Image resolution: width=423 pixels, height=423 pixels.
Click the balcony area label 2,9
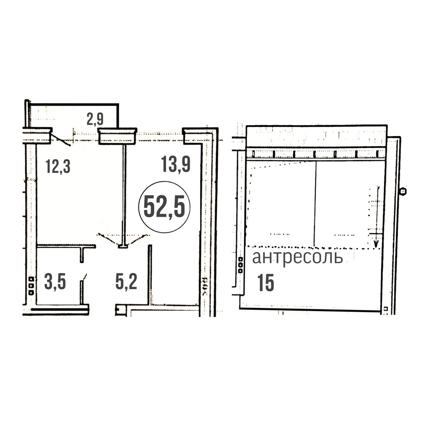95,119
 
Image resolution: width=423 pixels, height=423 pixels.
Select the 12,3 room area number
58,166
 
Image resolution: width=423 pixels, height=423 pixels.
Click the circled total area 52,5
164,207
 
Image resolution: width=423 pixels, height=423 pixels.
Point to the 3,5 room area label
55,282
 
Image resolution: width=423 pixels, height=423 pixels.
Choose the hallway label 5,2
126,282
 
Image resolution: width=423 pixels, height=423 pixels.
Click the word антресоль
297,258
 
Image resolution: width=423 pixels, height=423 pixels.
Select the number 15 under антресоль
266,283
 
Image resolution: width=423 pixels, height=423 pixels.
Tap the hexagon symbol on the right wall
403,191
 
